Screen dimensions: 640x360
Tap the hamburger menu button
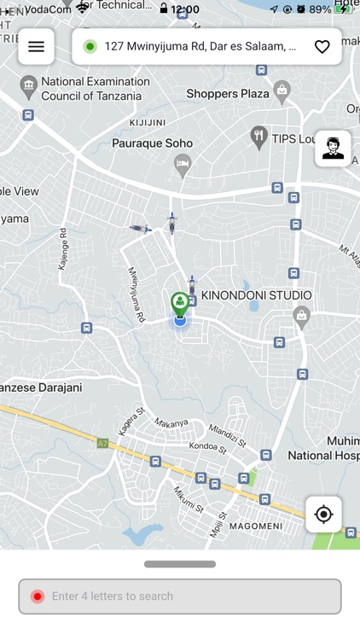pyautogui.click(x=36, y=47)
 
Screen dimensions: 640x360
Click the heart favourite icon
pyautogui.click(x=322, y=47)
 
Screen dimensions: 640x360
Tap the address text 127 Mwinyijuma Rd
pyautogui.click(x=200, y=46)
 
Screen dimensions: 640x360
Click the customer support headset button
pyautogui.click(x=333, y=148)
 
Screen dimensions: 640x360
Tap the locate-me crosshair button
pyautogui.click(x=323, y=515)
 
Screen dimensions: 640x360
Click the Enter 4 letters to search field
pyautogui.click(x=180, y=596)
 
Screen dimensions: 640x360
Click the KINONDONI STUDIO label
pyautogui.click(x=256, y=295)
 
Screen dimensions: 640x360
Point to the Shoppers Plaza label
pyautogui.click(x=228, y=93)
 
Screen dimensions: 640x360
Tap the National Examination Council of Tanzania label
pyautogui.click(x=95, y=89)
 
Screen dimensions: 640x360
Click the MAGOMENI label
pyautogui.click(x=256, y=526)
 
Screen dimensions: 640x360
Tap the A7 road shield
pyautogui.click(x=103, y=443)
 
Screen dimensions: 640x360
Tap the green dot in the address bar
pyautogui.click(x=90, y=46)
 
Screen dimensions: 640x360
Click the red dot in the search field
pyautogui.click(x=38, y=596)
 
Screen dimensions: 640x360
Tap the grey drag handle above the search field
pyautogui.click(x=180, y=564)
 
